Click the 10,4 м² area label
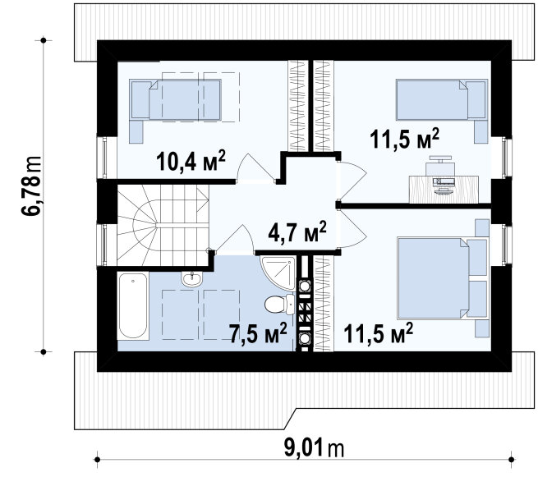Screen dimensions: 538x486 click(191, 160)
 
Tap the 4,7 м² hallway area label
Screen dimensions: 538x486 click(297, 232)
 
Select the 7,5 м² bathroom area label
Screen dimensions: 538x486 click(258, 332)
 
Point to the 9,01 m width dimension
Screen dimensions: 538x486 click(314, 448)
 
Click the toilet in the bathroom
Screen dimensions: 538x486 click(279, 304)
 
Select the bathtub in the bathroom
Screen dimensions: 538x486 click(133, 305)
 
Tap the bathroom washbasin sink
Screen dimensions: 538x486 click(192, 279)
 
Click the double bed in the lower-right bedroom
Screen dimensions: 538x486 click(443, 277)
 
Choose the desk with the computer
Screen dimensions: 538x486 click(444, 190)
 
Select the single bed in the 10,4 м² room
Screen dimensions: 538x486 click(175, 100)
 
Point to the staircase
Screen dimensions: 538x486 click(163, 225)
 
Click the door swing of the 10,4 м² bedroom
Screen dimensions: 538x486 click(255, 167)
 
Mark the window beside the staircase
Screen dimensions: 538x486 click(102, 245)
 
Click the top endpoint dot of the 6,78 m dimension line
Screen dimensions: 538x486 click(44, 40)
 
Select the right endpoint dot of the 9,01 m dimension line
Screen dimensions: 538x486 click(512, 459)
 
